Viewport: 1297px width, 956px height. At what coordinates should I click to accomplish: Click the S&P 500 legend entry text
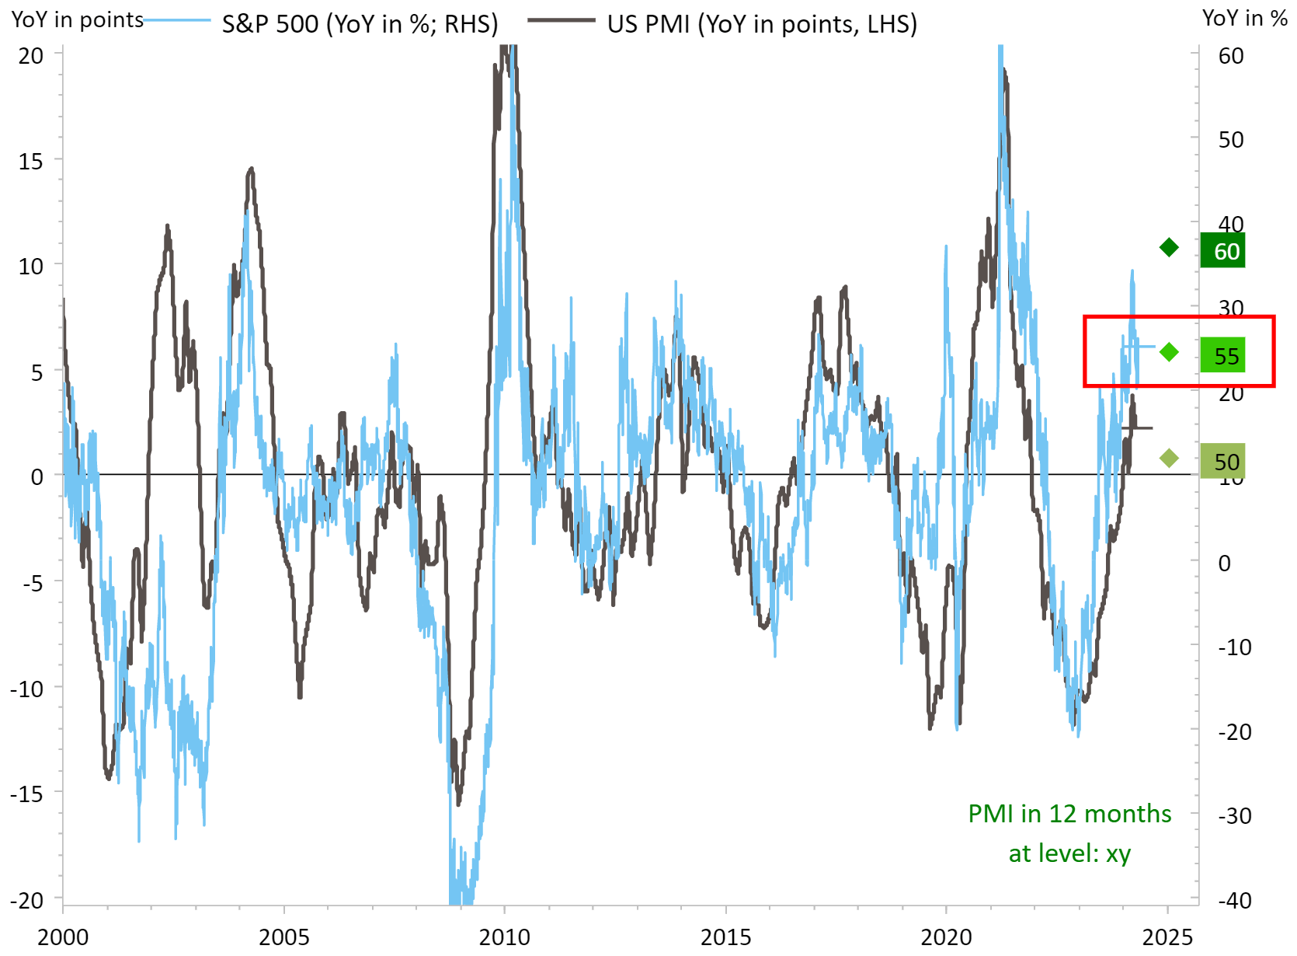[x=360, y=24]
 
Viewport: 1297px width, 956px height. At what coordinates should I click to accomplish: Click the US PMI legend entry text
[x=761, y=24]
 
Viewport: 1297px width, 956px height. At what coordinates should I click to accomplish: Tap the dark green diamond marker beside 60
[x=1169, y=248]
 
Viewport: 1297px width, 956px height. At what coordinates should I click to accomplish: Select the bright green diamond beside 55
[x=1169, y=353]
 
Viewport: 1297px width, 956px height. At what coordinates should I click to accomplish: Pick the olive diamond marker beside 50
[x=1169, y=459]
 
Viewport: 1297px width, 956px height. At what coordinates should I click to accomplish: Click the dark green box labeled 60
[x=1222, y=251]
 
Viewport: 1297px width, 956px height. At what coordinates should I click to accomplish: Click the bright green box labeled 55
[x=1222, y=356]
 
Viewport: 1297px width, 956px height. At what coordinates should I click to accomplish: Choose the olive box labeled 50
[x=1222, y=462]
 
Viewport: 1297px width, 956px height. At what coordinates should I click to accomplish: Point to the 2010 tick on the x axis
[x=505, y=937]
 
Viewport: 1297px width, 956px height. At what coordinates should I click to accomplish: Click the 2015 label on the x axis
[x=725, y=937]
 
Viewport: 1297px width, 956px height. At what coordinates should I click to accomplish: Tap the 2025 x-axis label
[x=1167, y=937]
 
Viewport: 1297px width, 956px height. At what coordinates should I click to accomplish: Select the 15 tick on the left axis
[x=31, y=162]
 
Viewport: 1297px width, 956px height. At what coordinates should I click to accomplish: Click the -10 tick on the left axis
[x=26, y=689]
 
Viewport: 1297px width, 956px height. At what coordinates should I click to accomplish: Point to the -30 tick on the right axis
[x=1234, y=816]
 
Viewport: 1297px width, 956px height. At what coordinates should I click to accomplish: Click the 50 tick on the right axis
[x=1231, y=140]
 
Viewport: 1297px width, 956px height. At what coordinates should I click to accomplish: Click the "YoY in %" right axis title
[x=1244, y=18]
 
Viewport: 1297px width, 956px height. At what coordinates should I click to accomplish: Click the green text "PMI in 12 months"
[x=1069, y=814]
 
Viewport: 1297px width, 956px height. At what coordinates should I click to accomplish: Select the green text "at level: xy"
[x=1069, y=853]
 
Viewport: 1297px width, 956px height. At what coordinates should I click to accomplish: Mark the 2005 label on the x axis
[x=284, y=937]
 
